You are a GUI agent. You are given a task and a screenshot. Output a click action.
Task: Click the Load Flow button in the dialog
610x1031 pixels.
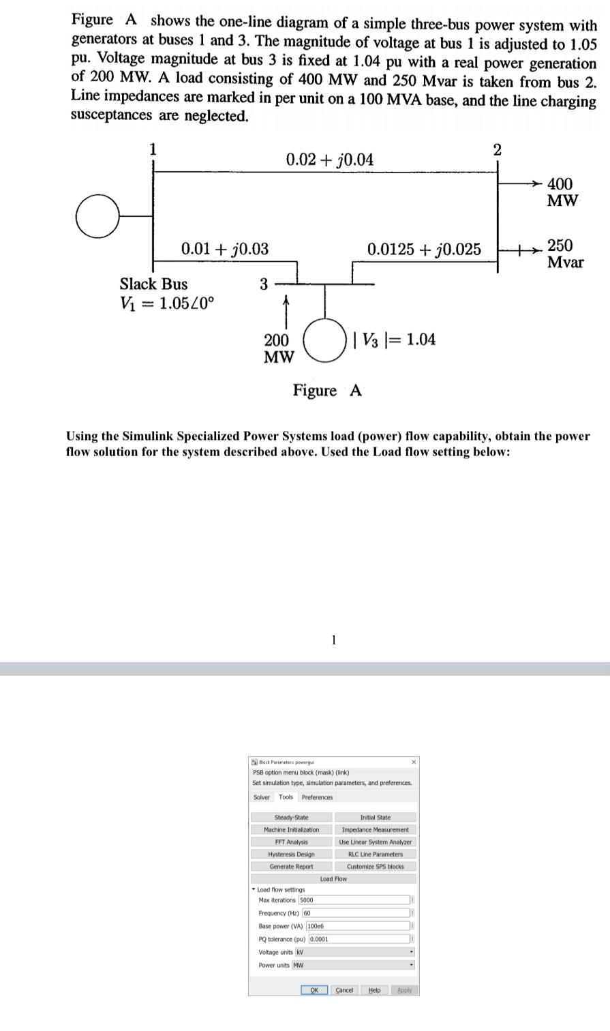click(x=333, y=879)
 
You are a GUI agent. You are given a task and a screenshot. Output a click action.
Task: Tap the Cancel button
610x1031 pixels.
click(x=344, y=990)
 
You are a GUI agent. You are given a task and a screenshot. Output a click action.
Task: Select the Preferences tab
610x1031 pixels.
click(x=317, y=797)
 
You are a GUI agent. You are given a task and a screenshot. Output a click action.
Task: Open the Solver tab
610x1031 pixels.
click(x=262, y=797)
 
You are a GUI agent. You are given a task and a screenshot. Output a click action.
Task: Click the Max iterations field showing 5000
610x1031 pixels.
click(x=306, y=900)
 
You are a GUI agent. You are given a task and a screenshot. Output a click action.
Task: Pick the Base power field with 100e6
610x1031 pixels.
click(x=316, y=926)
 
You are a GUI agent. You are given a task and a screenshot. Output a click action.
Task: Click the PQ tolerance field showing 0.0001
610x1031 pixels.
click(x=319, y=939)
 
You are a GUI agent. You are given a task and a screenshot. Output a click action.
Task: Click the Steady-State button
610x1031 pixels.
click(x=291, y=818)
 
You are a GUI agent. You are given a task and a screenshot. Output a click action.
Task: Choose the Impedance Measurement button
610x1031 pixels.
click(x=375, y=830)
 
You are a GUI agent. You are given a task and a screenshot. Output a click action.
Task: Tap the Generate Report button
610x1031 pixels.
click(x=291, y=867)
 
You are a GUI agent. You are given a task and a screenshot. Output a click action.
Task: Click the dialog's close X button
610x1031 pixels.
click(x=413, y=761)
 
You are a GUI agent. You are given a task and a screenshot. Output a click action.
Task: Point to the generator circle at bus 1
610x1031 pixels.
click(x=98, y=215)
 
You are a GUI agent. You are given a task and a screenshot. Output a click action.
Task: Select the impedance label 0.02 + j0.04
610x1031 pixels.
click(x=330, y=160)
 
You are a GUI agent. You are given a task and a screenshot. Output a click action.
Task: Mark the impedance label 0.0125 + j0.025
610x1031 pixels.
click(x=423, y=250)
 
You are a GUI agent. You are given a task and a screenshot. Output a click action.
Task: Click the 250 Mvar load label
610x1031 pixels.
click(x=565, y=254)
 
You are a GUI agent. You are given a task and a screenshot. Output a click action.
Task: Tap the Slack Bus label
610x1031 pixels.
click(x=153, y=284)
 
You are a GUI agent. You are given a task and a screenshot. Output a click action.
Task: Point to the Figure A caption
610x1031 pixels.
click(x=327, y=391)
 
